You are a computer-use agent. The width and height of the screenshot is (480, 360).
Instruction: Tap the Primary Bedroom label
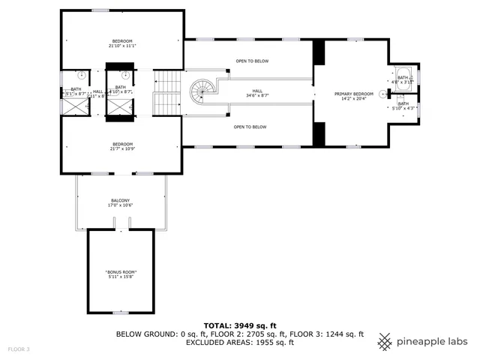tap(353, 97)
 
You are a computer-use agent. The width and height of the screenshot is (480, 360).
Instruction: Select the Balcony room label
tap(121, 202)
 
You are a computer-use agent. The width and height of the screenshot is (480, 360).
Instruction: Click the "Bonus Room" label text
tap(121, 274)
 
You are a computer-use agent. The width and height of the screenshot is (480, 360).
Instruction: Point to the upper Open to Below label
tap(251, 61)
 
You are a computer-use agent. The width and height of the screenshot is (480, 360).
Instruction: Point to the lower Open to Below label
tap(251, 127)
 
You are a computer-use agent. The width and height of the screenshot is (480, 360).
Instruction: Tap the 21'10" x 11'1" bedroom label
tap(123, 43)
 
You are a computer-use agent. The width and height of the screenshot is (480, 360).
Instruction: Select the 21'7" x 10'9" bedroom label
tap(123, 146)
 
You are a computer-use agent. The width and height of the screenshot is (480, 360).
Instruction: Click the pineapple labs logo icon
tap(385, 340)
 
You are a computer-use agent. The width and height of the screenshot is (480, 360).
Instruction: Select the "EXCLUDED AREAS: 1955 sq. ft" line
tap(239, 342)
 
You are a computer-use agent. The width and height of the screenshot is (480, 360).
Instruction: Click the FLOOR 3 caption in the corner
tap(19, 349)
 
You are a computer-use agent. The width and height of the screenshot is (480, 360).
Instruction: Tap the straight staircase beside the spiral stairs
tap(167, 93)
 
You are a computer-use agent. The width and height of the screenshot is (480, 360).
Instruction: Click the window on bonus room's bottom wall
tap(121, 312)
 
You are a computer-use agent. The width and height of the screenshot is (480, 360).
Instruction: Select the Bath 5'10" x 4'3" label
tap(403, 106)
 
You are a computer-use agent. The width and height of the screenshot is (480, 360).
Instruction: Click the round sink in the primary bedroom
tap(382, 94)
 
